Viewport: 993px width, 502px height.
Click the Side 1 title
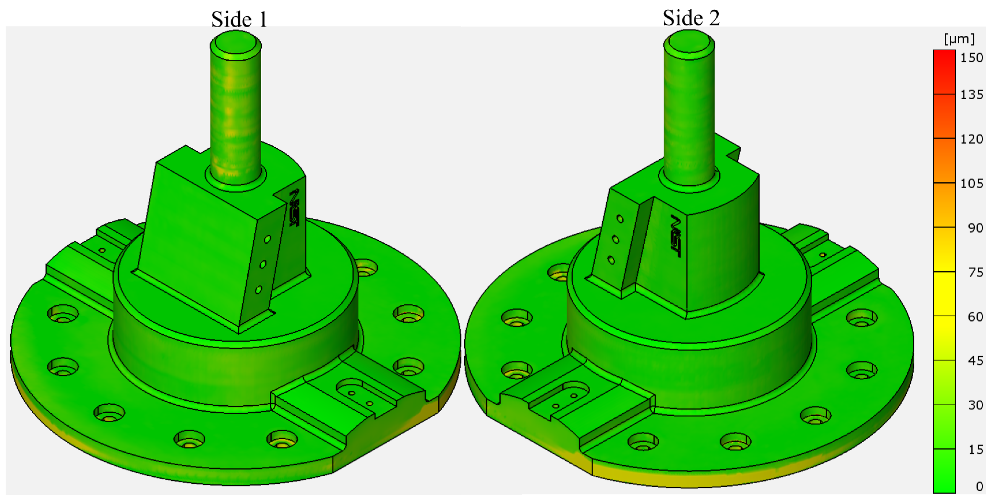pyautogui.click(x=239, y=19)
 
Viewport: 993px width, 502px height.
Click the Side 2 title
pyautogui.click(x=691, y=18)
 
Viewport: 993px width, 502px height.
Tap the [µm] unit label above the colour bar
pyautogui.click(x=959, y=39)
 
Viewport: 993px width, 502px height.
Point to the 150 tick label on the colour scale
pyautogui.click(x=971, y=58)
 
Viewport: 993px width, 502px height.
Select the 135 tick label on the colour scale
pyautogui.click(x=971, y=95)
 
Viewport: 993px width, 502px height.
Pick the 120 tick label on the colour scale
pyautogui.click(x=971, y=139)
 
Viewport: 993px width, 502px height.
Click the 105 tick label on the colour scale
pyautogui.click(x=971, y=184)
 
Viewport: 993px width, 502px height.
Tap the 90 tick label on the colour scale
pyautogui.click(x=975, y=228)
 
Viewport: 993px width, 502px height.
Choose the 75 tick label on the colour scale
pyautogui.click(x=975, y=273)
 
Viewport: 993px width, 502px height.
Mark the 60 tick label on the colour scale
pyautogui.click(x=975, y=317)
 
